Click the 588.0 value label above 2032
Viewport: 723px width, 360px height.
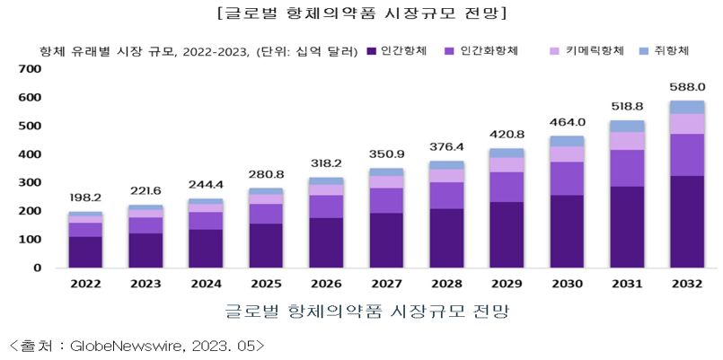(x=687, y=87)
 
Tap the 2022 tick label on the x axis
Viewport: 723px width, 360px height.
(x=85, y=285)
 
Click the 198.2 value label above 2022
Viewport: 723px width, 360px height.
(x=85, y=197)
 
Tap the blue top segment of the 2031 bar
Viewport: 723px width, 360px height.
(x=627, y=126)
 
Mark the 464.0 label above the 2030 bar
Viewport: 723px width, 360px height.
(x=567, y=122)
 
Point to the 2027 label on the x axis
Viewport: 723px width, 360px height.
(x=386, y=285)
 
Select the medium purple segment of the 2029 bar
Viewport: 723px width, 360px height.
(x=507, y=187)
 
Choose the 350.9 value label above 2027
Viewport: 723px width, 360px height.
(x=386, y=154)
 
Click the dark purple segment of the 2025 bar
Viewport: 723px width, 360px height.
(x=266, y=245)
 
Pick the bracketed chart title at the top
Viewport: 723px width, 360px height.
(x=361, y=13)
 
